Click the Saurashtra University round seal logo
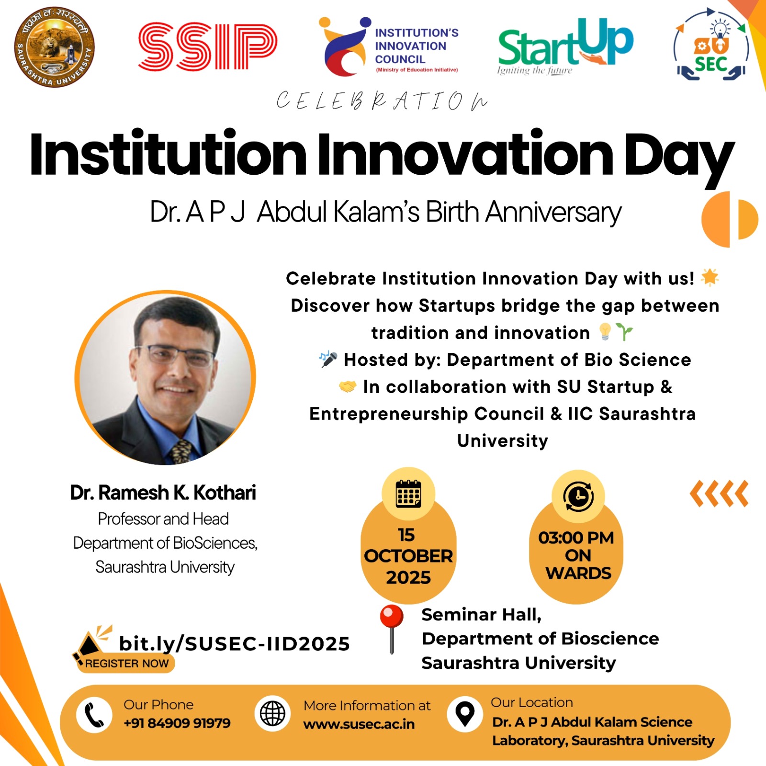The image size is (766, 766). point(54,47)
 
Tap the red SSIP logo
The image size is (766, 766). point(207,46)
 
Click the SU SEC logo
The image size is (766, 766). point(711,46)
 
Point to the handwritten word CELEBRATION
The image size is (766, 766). point(382,101)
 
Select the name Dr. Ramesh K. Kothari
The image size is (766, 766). point(163,493)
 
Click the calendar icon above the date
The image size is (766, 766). point(408,494)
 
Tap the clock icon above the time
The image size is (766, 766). point(578,496)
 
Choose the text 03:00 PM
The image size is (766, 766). point(576,538)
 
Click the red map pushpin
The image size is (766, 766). point(392,629)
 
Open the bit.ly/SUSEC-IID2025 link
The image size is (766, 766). point(235,644)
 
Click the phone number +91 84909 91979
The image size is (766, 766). point(177,723)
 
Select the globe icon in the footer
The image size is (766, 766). point(272,714)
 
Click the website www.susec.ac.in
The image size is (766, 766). point(359,724)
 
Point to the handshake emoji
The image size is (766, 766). point(348,386)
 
